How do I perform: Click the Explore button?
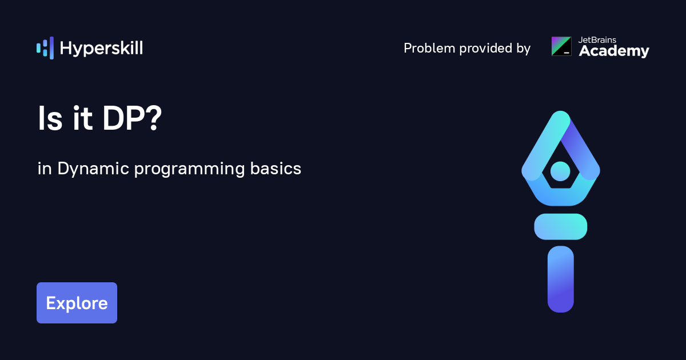(77, 303)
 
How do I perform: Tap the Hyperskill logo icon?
(45, 48)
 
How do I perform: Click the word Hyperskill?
(101, 49)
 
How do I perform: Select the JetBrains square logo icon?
(561, 46)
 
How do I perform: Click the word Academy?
(614, 51)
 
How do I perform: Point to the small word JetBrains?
(597, 40)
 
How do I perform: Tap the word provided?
(486, 48)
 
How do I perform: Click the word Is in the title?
(50, 118)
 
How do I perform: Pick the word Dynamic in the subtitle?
(93, 169)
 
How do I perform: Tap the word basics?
(276, 169)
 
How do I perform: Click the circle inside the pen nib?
(560, 171)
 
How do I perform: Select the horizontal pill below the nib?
(560, 226)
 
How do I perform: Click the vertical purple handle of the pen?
(560, 279)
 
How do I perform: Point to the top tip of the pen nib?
(560, 111)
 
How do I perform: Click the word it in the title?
(82, 118)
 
